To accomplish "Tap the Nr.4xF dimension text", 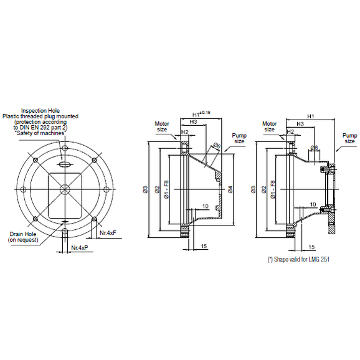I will point(109,233).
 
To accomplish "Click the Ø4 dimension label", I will point(230,189).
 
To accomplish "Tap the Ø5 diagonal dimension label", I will point(216,146).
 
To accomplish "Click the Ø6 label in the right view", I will point(315,148).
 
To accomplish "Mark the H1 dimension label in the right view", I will point(310,116).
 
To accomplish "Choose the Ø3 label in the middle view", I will point(144,189).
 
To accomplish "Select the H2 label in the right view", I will point(290,132).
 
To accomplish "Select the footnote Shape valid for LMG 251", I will point(298,258).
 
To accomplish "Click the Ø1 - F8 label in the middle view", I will point(166,189).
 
